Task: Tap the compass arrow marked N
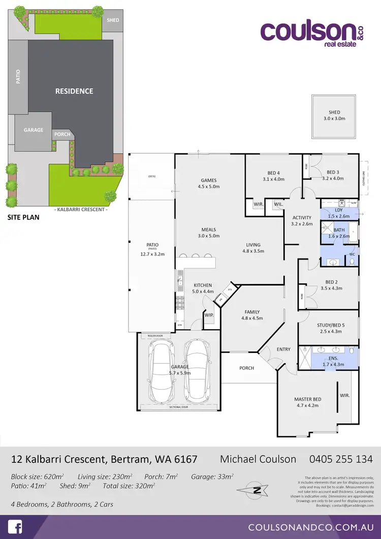(258, 490)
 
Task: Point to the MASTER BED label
(308, 399)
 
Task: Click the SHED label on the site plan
(113, 20)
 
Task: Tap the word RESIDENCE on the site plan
(74, 91)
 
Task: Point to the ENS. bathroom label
(334, 358)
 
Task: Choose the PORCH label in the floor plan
(246, 368)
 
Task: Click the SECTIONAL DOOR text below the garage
(179, 407)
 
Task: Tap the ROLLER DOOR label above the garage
(154, 336)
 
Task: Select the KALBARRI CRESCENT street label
(81, 209)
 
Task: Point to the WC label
(352, 255)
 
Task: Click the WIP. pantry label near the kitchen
(209, 315)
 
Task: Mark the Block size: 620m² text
(38, 477)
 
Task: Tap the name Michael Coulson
(258, 459)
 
